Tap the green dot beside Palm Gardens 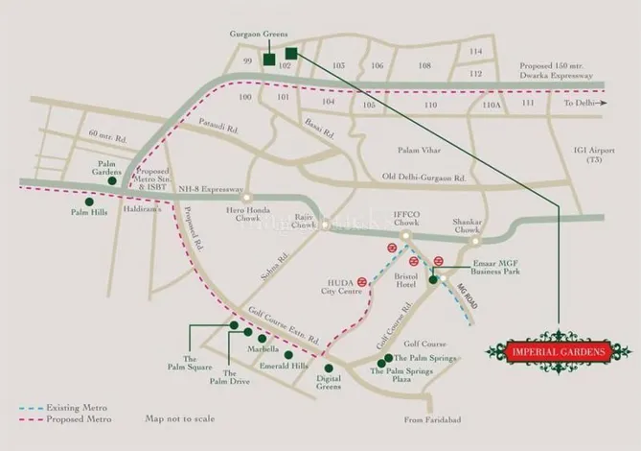(x=112, y=180)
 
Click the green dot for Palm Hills (x=89, y=202)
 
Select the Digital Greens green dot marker (x=330, y=367)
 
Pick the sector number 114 (x=475, y=52)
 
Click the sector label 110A (x=492, y=104)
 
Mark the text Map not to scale (x=180, y=419)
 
